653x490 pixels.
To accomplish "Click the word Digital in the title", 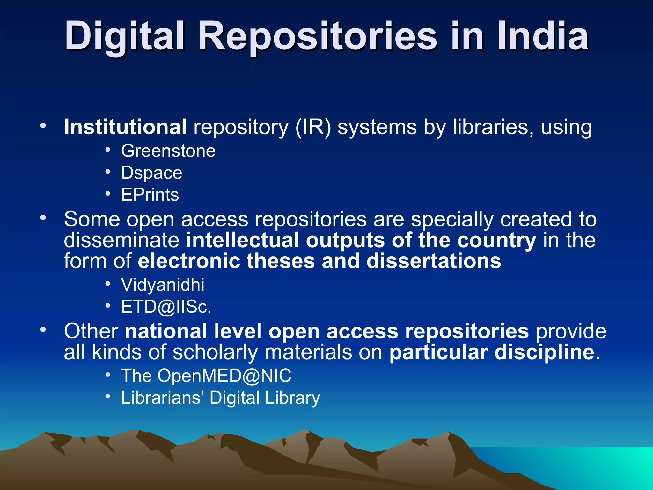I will tap(125, 36).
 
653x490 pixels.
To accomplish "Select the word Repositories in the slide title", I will tap(318, 37).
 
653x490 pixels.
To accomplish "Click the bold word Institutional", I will tap(125, 127).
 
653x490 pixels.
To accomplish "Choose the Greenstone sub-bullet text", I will tap(168, 151).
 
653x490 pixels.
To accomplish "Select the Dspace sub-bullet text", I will tap(151, 173).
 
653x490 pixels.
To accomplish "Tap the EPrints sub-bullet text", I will tap(150, 195).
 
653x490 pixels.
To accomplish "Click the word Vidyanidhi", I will tap(163, 285).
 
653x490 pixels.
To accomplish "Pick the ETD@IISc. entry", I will tap(166, 307).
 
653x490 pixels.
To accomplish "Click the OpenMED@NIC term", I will tap(224, 375).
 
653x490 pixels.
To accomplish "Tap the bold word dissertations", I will tap(434, 261).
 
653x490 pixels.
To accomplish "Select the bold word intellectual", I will tap(242, 240).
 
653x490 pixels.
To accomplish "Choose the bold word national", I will tap(166, 331).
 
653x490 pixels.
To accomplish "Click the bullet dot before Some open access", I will tap(43, 218).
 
